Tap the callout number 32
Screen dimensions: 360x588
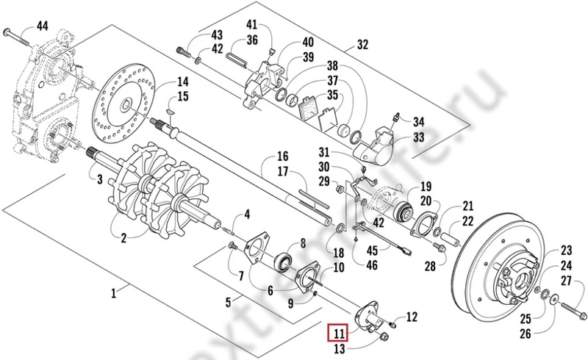click(362, 45)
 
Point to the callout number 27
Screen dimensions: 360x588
click(566, 281)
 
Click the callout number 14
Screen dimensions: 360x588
click(182, 81)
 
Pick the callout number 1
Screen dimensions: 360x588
click(114, 293)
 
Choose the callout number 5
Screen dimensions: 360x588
click(228, 301)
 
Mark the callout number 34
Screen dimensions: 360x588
click(418, 121)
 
